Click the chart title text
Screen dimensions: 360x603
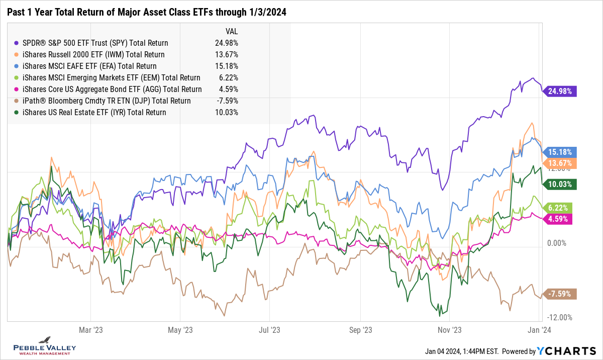point(146,13)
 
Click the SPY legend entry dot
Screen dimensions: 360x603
point(17,43)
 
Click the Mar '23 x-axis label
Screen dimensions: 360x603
point(91,330)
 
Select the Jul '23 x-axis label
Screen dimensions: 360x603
point(269,330)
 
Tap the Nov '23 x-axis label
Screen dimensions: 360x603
point(450,330)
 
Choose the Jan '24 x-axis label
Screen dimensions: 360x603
point(539,330)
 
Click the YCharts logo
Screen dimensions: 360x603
point(566,351)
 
